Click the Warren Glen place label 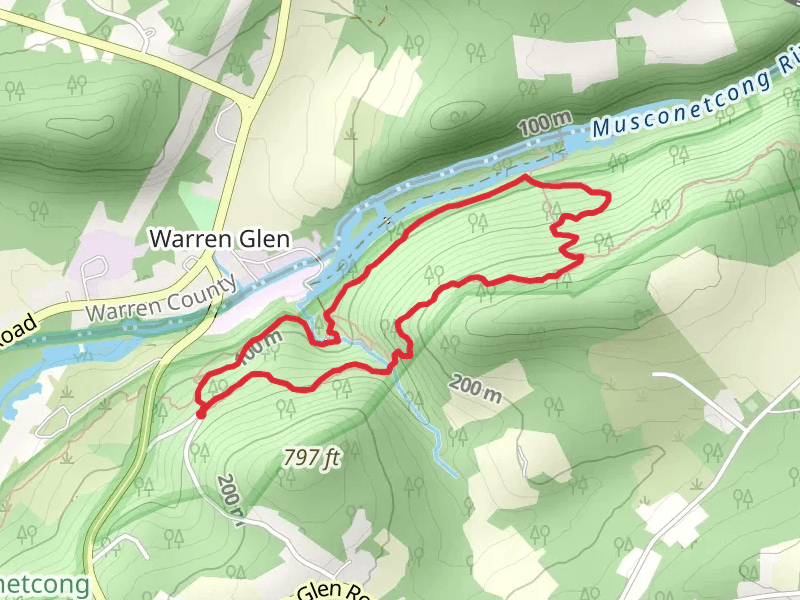[219, 239]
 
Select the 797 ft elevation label [312, 458]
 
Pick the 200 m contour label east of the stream [475, 388]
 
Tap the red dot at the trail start [201, 412]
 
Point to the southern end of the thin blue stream [456, 473]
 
